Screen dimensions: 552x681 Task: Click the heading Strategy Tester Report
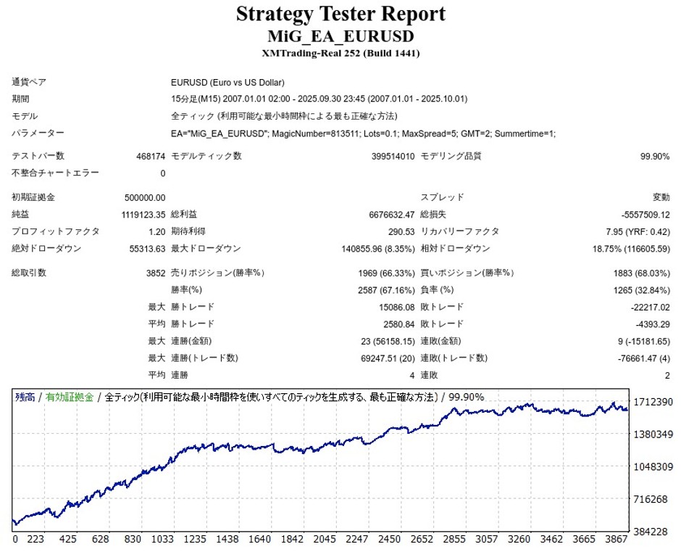340,14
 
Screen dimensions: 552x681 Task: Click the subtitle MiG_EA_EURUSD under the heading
340,36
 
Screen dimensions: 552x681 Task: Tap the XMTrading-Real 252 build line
340,53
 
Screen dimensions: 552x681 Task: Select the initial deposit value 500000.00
145,197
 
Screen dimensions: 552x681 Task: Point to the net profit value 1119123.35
143,214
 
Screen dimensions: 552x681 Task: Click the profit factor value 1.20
156,231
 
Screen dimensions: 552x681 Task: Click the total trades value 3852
156,273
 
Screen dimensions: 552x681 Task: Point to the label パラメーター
38,133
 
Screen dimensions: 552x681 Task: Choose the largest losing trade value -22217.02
646,307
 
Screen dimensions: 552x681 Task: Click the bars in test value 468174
151,156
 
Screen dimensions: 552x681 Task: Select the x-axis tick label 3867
616,540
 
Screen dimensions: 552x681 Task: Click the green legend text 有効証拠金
70,397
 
